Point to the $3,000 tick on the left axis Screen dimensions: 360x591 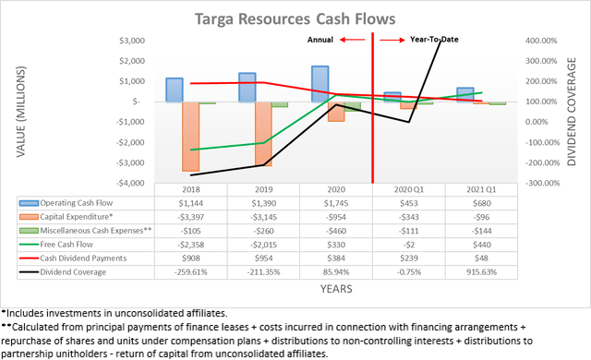pos(132,42)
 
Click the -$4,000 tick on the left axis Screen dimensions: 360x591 pos(130,183)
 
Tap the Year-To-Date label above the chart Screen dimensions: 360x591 pos(437,40)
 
